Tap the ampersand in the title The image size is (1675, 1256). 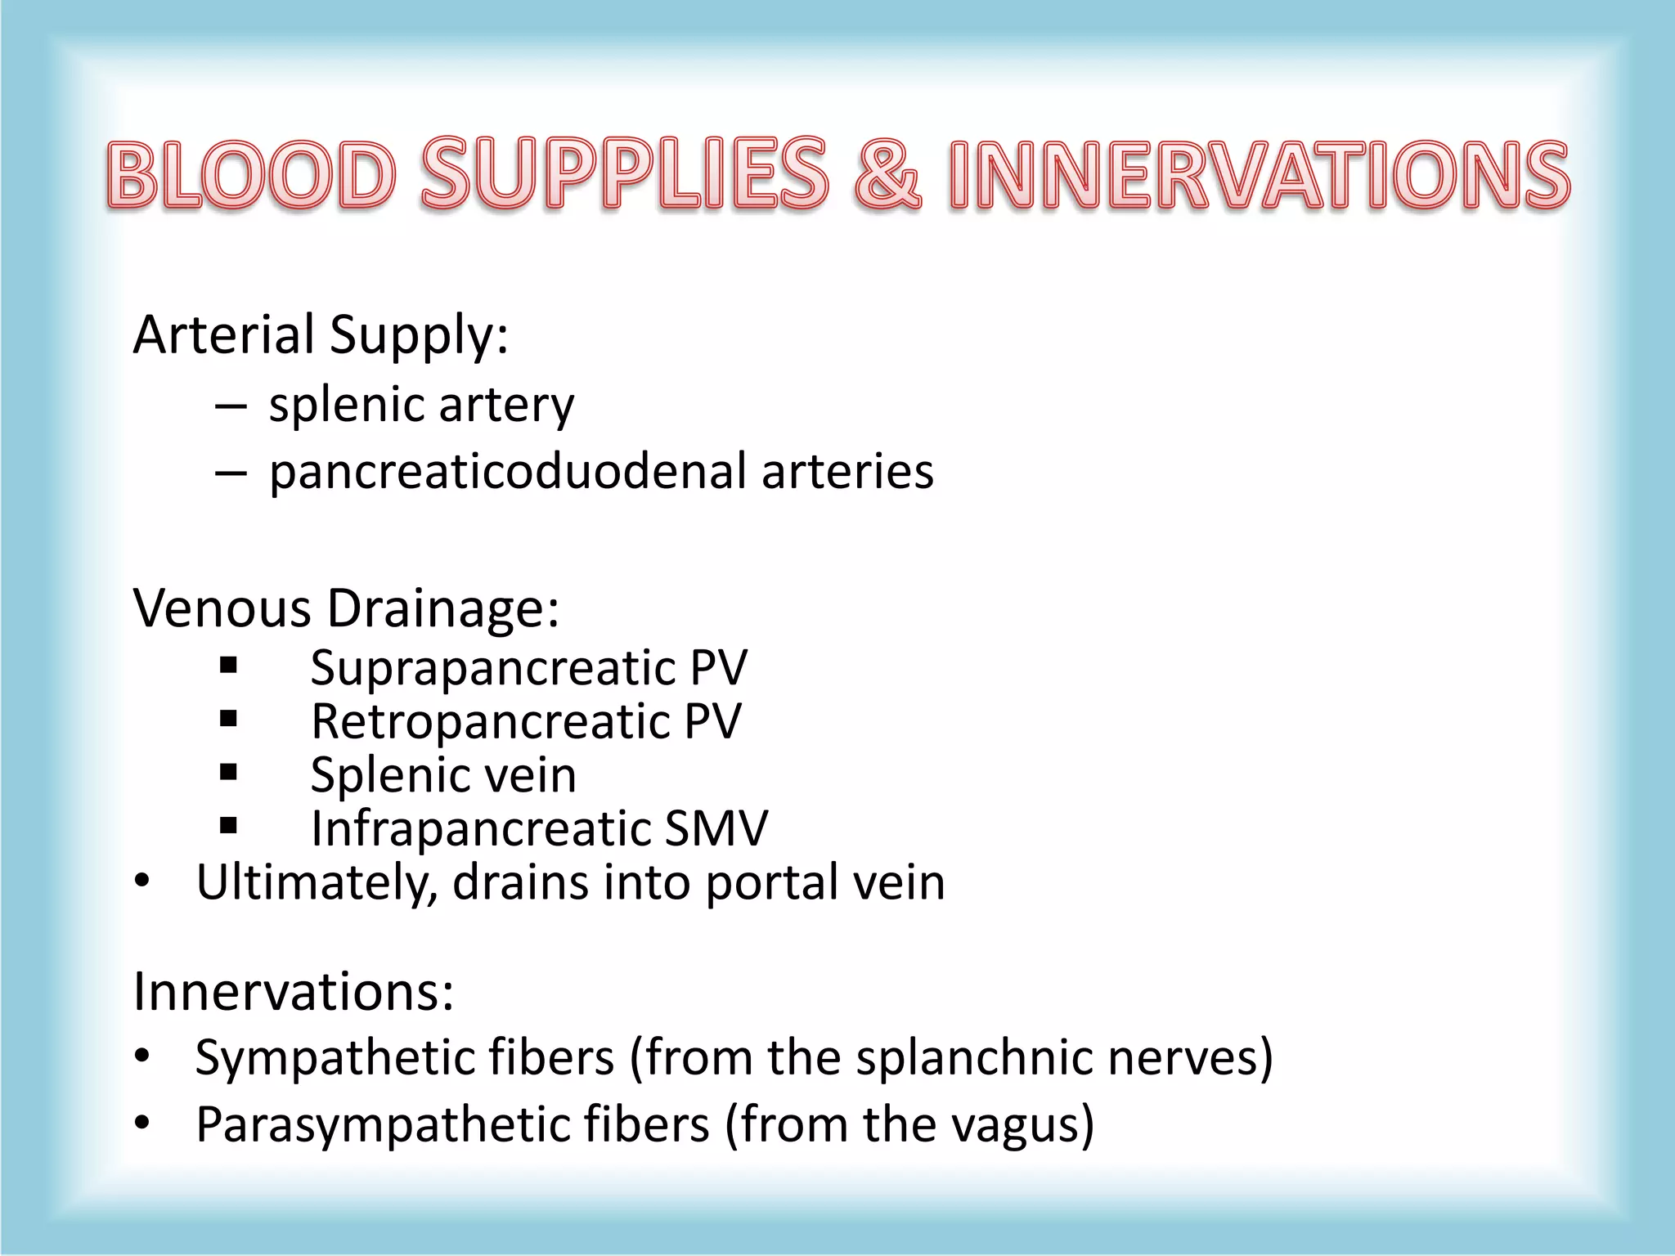pos(887,173)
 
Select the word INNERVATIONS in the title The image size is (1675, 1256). pos(1259,173)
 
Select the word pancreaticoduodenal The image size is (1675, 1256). pos(508,472)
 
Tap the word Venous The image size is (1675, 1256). pos(222,608)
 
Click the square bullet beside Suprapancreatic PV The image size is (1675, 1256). pos(228,666)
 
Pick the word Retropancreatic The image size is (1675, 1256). pos(490,721)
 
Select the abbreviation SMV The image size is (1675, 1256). pos(716,828)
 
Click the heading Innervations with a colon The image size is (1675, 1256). pos(293,991)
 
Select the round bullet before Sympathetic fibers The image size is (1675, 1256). pos(142,1056)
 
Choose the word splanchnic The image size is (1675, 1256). pos(974,1056)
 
